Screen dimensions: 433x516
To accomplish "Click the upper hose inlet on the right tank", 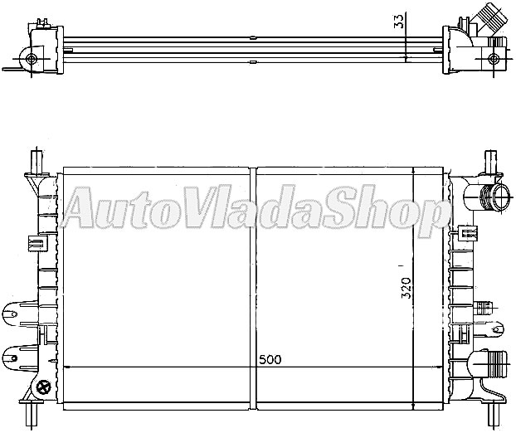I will coord(493,197).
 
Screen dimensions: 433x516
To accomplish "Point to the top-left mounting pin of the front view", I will coord(36,158).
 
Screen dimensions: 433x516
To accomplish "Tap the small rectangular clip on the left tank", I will coord(35,242).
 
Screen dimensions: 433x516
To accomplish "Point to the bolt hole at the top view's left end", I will coord(32,59).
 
